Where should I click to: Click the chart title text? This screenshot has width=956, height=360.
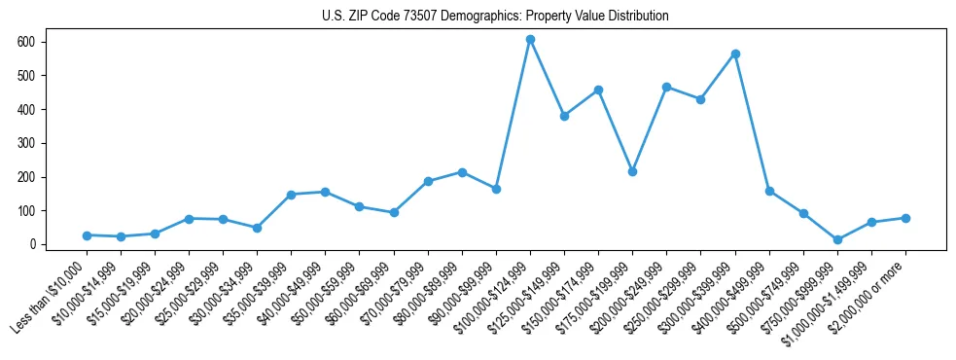click(x=495, y=17)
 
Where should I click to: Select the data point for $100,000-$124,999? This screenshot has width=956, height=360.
click(x=530, y=40)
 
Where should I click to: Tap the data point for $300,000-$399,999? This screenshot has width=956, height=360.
click(x=735, y=54)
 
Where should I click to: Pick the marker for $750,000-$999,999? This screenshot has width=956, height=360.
click(x=837, y=239)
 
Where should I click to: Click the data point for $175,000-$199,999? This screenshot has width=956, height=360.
click(x=632, y=171)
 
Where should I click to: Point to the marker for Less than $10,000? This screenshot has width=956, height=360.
click(x=87, y=235)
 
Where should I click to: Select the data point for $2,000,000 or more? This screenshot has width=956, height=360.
click(x=905, y=218)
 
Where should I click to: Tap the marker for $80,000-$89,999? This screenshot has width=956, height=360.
click(x=462, y=172)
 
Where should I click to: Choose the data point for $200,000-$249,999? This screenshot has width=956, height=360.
click(x=666, y=87)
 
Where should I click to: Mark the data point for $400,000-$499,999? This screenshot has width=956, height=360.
click(x=769, y=191)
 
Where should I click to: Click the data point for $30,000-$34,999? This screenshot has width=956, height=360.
click(x=257, y=228)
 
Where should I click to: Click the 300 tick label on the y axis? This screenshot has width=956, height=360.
click(x=26, y=143)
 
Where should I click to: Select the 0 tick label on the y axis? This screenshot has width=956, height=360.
click(x=32, y=244)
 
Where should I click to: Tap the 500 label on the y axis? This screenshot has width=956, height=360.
click(x=26, y=76)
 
